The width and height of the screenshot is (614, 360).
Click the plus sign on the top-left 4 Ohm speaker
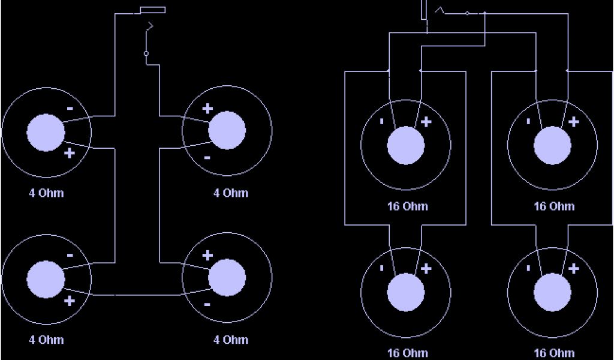click(69, 153)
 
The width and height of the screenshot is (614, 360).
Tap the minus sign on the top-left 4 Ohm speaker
click(70, 109)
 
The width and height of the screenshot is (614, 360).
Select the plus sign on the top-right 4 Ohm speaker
click(207, 109)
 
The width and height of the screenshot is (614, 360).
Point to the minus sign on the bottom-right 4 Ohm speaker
click(207, 304)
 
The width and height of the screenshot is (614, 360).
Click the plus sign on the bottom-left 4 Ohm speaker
click(69, 300)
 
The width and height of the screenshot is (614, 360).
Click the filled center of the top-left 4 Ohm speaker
click(46, 132)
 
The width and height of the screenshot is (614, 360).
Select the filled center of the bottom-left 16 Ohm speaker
click(406, 293)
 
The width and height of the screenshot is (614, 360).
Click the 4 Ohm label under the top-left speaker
click(46, 193)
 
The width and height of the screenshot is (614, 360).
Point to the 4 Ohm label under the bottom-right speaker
click(231, 340)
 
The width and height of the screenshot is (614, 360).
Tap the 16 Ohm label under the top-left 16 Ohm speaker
click(407, 206)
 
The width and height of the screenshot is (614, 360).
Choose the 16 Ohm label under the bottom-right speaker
click(554, 353)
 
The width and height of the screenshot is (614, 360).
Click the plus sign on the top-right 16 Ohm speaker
click(574, 122)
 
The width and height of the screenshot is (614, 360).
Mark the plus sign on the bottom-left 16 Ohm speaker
click(426, 269)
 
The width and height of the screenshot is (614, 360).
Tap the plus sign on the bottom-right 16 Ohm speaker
click(574, 269)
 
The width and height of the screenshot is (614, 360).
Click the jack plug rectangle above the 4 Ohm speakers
click(152, 10)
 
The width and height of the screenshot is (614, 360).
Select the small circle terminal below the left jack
click(146, 53)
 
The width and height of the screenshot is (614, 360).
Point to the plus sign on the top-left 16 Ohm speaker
click(426, 122)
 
